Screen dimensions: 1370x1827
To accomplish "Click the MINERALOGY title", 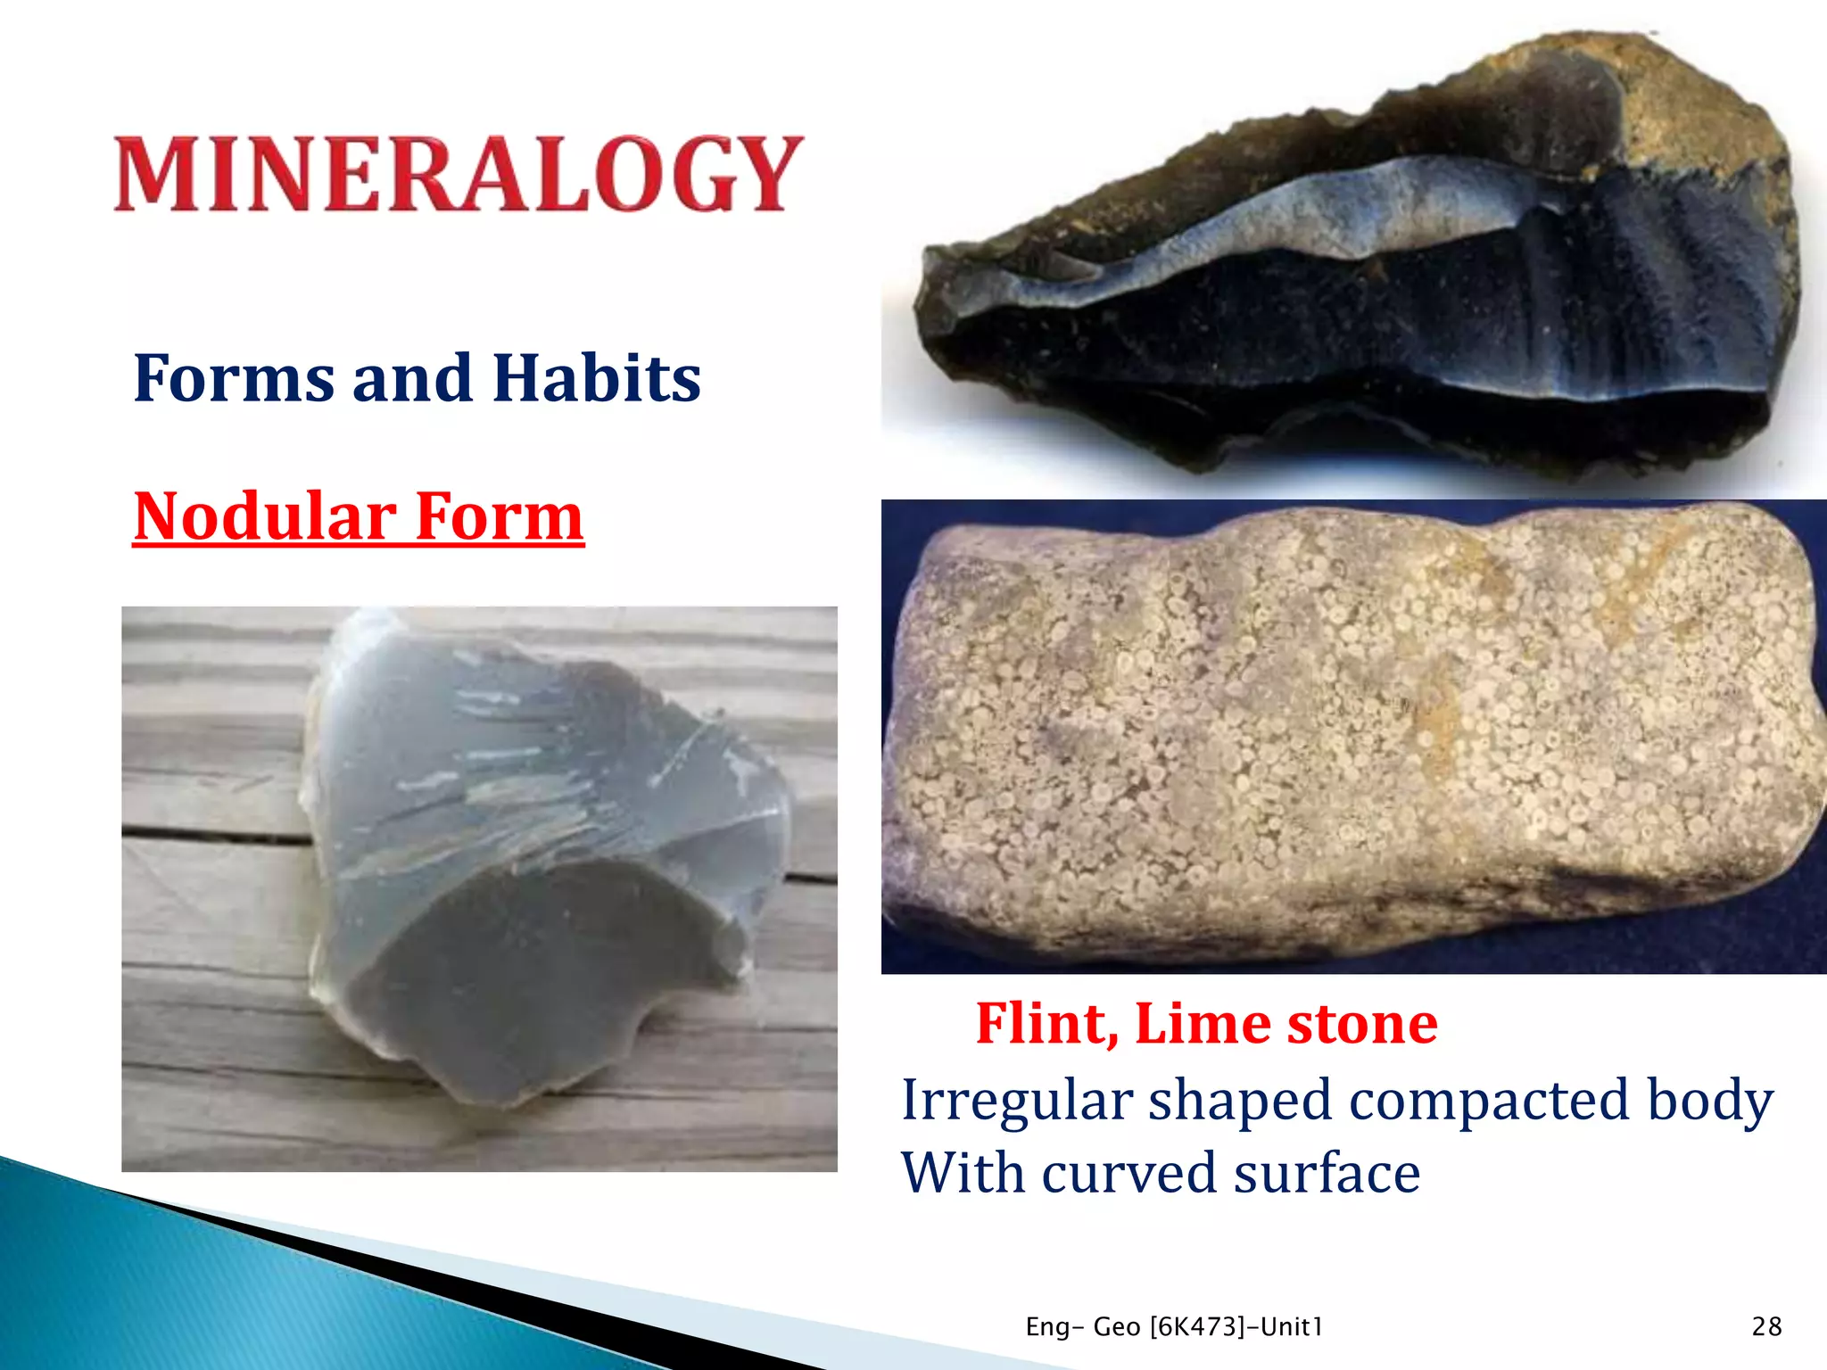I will click(x=459, y=174).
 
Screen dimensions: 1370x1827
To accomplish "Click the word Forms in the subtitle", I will click(x=234, y=378).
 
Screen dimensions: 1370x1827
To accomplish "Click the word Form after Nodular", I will click(x=500, y=516).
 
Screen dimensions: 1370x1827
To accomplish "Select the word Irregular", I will click(x=1017, y=1101).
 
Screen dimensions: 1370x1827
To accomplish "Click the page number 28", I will click(x=1766, y=1327).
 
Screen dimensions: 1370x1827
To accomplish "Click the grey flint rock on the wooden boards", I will click(x=535, y=856).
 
